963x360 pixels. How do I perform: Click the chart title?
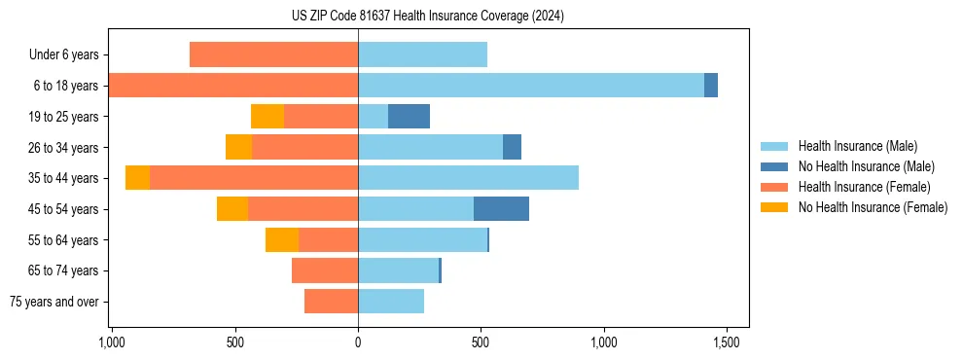(x=428, y=17)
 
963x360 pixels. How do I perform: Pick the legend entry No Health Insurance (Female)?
(x=873, y=207)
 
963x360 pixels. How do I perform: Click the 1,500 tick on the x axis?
(x=727, y=342)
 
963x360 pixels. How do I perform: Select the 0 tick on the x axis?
(x=358, y=342)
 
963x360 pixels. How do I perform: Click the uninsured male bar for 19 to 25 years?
(x=409, y=117)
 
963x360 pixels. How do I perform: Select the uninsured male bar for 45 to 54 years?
(x=501, y=208)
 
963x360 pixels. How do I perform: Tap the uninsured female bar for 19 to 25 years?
(x=267, y=117)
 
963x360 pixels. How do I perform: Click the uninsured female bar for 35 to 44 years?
(x=137, y=178)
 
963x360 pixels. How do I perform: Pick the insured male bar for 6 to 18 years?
(x=531, y=86)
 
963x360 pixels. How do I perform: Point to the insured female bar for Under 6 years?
(x=273, y=54)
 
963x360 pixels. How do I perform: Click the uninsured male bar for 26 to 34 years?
(x=512, y=147)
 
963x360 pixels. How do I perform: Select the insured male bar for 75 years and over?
(x=391, y=302)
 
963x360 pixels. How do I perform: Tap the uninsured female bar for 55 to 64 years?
(x=282, y=239)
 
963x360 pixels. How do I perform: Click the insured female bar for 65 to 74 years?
(x=325, y=270)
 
